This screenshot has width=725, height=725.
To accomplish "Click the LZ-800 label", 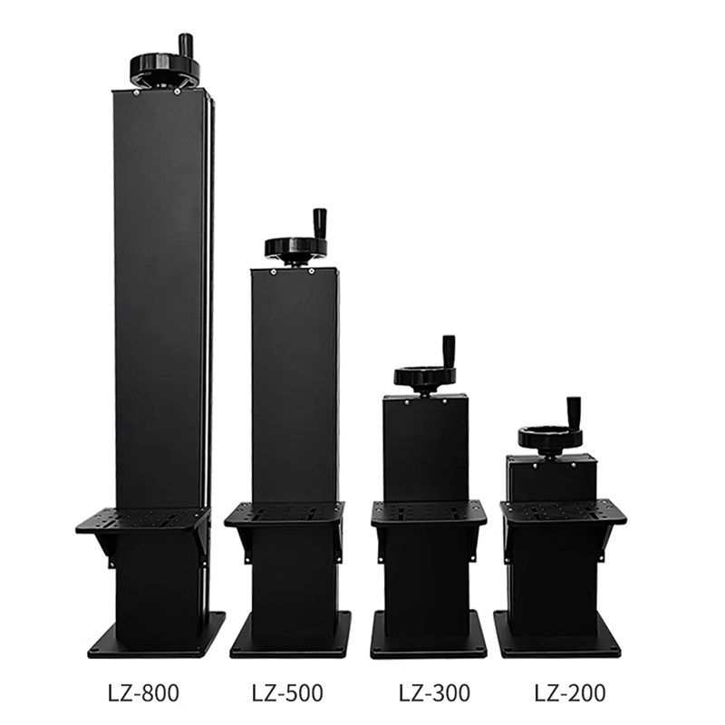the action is point(143,693).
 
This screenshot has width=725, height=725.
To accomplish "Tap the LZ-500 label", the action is point(287,693).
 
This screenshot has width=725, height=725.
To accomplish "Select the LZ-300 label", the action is point(435,693).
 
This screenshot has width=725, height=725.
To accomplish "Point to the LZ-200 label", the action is point(570,693).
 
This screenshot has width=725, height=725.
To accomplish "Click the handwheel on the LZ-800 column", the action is point(165,67).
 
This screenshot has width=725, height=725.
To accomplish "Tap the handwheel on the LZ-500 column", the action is point(295,247).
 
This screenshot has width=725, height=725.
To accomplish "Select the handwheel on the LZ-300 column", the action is point(425,376).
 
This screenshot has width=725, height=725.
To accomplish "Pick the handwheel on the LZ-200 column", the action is point(550,437).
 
